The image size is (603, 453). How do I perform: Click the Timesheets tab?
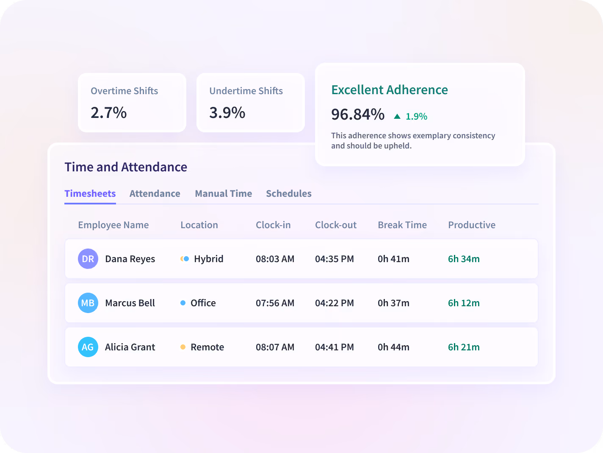coord(90,194)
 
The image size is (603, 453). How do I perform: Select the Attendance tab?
coord(155,194)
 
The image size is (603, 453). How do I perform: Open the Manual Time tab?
coord(223,194)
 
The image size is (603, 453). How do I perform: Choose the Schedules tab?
coord(289,194)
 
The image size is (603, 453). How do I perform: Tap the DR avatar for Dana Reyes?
coord(88,259)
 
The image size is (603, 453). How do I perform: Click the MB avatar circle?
coord(88,303)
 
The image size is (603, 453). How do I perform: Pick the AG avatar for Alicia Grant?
coord(88,347)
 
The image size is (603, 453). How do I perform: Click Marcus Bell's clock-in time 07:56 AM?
coord(275,303)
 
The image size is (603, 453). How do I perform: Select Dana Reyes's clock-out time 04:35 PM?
coord(335,259)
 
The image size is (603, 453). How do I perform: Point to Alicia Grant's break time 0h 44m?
coord(393,347)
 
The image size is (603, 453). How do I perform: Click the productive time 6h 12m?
coord(464,303)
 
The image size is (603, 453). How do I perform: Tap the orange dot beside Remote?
coord(183,347)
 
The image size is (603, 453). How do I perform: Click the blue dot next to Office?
coord(183,303)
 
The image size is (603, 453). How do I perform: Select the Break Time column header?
coord(402,225)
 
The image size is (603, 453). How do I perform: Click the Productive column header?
coord(472,225)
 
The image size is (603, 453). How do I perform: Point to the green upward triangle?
coord(397,116)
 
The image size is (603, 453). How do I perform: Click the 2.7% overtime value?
coord(108,113)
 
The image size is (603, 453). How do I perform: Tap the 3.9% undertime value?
coord(227,113)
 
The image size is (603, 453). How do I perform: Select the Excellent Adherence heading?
coord(390,90)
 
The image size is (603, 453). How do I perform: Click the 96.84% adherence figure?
coord(358,115)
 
